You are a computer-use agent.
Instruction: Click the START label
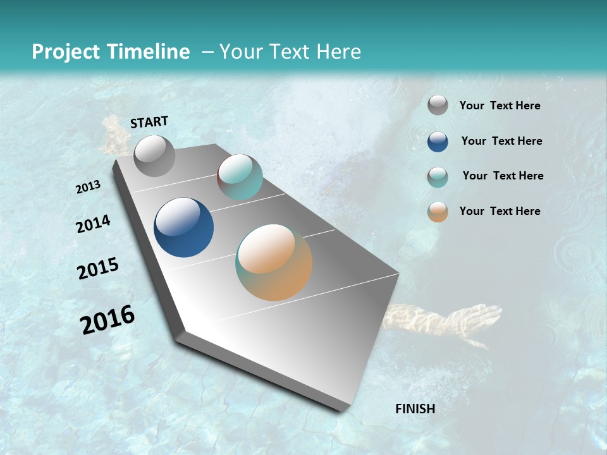[149, 122]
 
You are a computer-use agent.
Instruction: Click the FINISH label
[415, 409]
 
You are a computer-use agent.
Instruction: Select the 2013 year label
[88, 187]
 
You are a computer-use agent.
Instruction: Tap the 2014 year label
[93, 224]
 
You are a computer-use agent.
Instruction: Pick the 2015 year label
[98, 269]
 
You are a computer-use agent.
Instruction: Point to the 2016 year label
[107, 320]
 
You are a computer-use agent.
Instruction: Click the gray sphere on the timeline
[154, 155]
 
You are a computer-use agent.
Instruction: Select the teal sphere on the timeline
[240, 177]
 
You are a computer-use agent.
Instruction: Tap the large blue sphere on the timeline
[183, 227]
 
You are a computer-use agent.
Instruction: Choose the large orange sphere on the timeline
[274, 262]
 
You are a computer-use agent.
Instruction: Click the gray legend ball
[438, 106]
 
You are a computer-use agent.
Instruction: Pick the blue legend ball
[438, 142]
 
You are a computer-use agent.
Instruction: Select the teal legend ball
[438, 177]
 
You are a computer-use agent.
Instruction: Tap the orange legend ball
[438, 212]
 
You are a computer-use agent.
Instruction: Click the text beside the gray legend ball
[500, 106]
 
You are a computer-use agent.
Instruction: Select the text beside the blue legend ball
[501, 141]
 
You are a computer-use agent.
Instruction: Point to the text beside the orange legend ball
[500, 211]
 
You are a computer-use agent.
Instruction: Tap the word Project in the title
[64, 52]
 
